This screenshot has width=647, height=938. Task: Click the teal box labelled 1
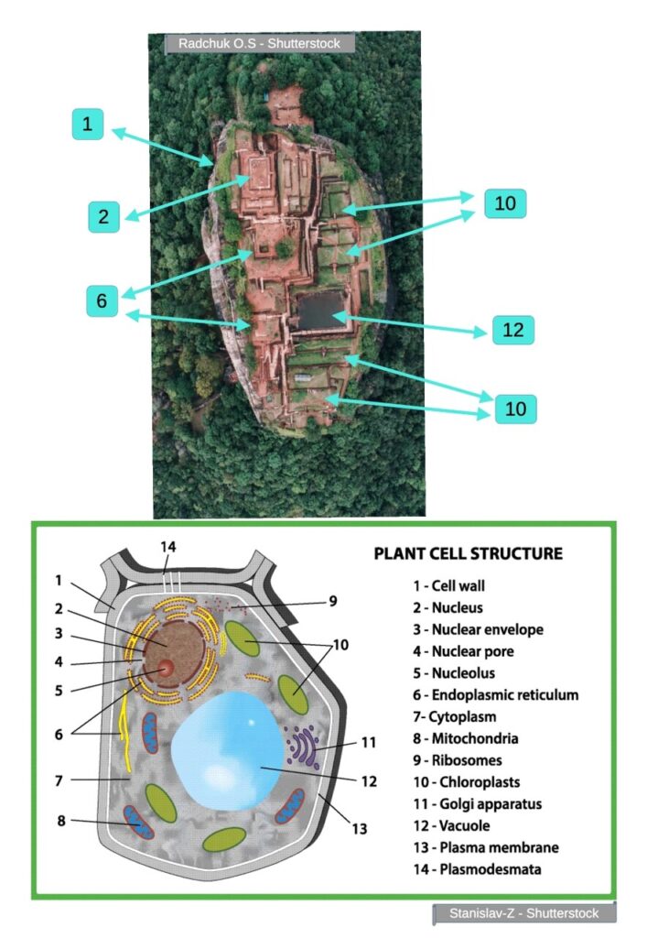(88, 125)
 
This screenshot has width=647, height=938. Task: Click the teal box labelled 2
(104, 216)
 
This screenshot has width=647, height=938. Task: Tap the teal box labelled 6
(103, 300)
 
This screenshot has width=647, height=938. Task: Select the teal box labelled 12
(513, 330)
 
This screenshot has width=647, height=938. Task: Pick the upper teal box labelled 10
(505, 202)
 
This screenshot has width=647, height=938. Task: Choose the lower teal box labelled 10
(516, 409)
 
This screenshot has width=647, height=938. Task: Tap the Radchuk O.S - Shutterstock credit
(259, 43)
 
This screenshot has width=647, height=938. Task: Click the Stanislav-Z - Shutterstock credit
(523, 913)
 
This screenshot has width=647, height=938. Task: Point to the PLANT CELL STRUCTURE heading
(468, 553)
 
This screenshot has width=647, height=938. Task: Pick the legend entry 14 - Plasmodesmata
(475, 868)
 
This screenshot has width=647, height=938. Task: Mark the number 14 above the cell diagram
(167, 547)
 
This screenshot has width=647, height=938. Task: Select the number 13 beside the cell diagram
(360, 829)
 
